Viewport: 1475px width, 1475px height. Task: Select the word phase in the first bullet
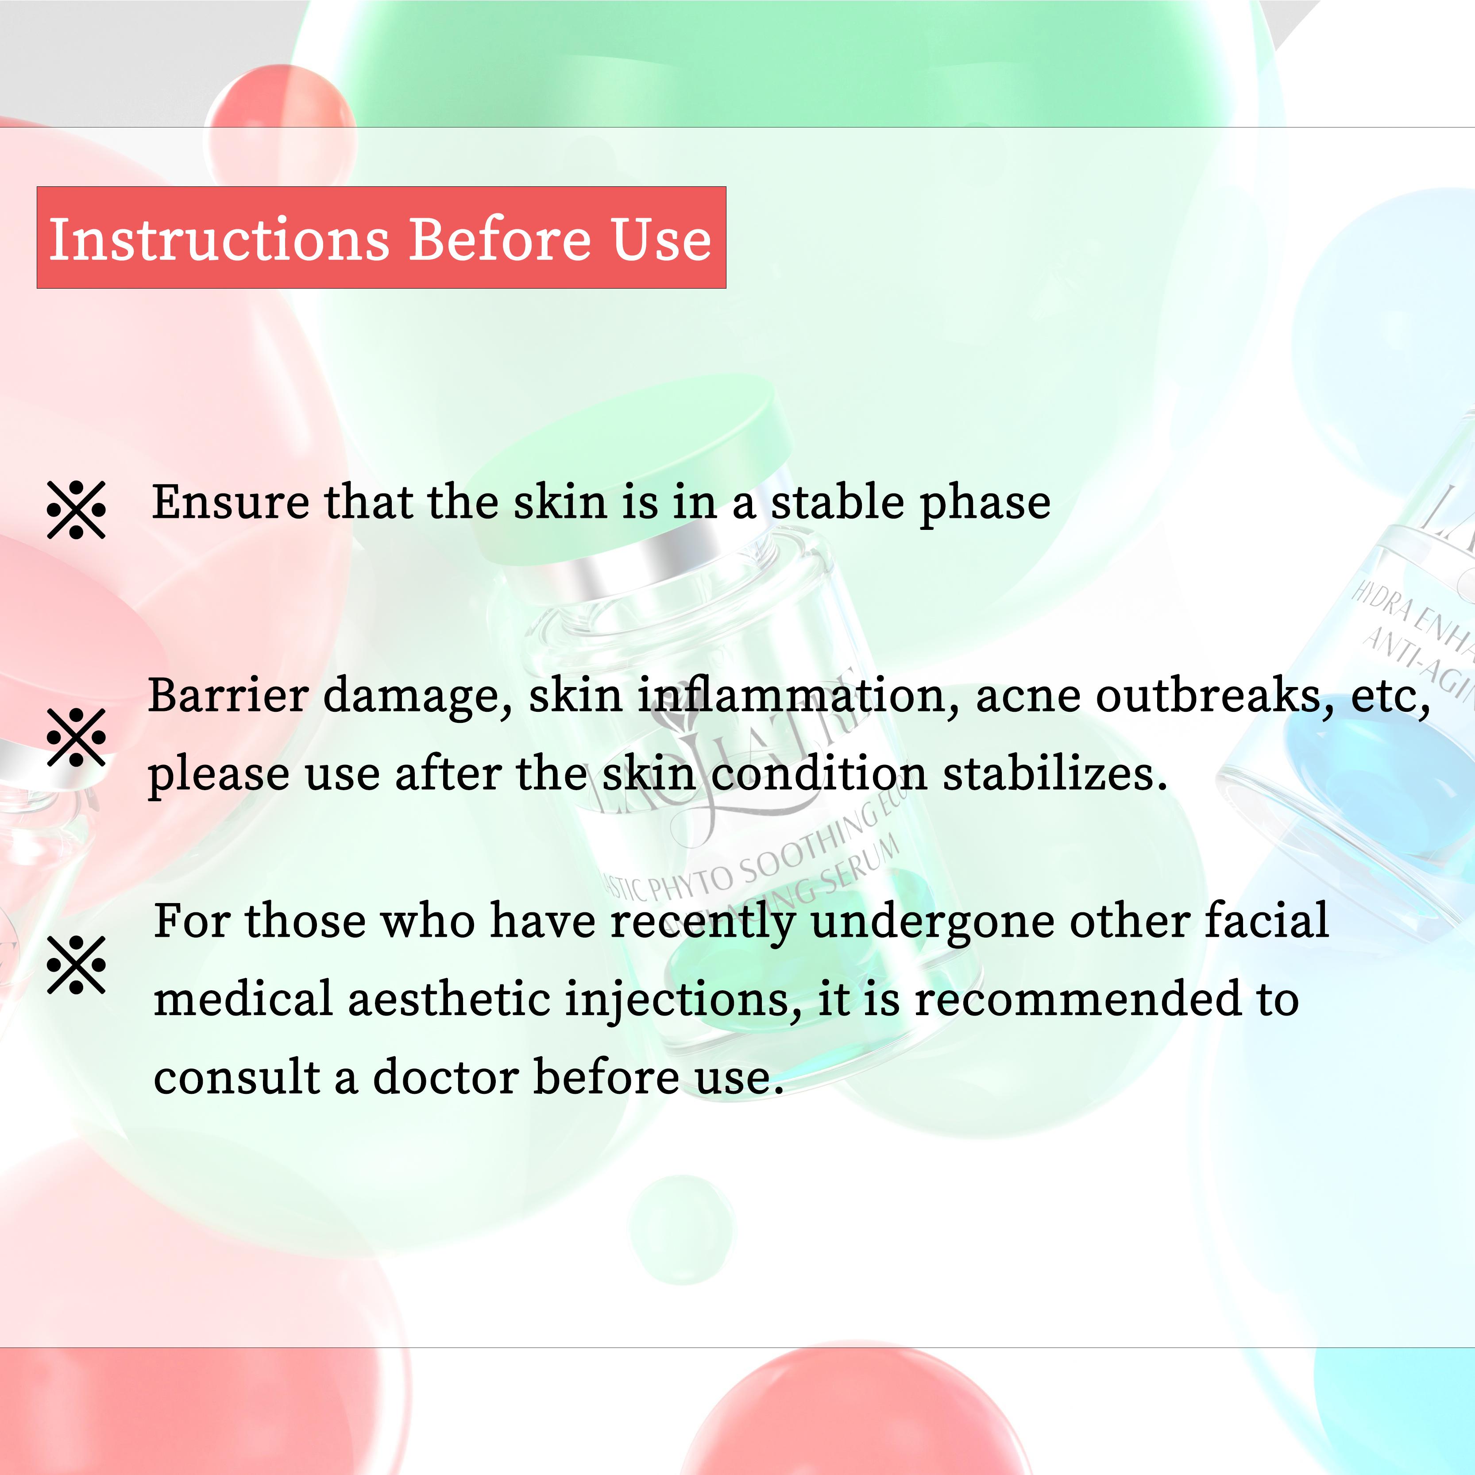point(985,504)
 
